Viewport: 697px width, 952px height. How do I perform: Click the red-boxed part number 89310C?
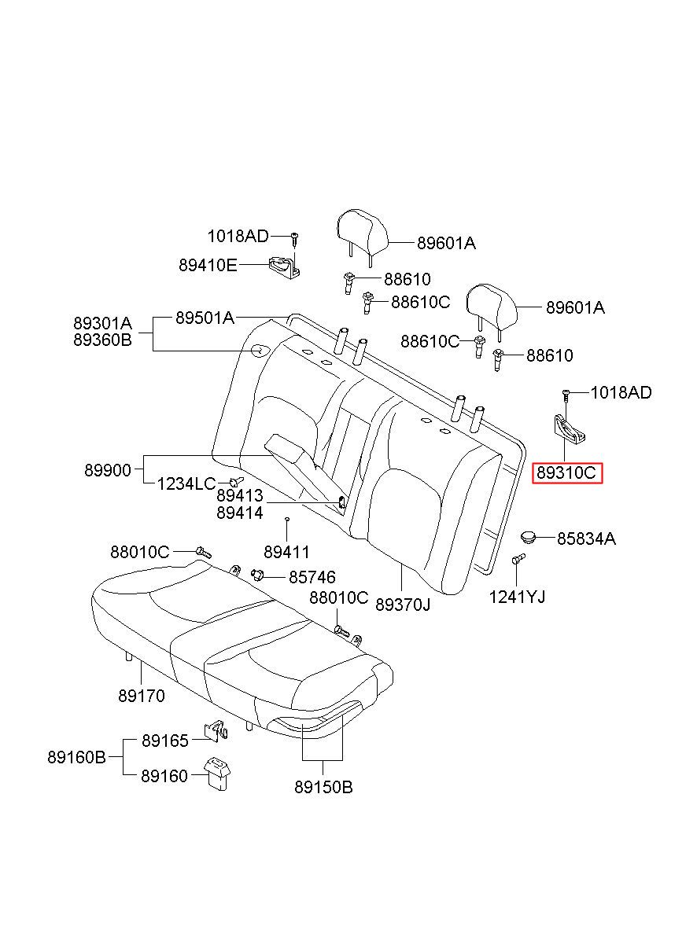click(566, 473)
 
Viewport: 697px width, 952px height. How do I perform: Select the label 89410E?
click(208, 265)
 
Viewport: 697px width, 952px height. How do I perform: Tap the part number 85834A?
click(586, 539)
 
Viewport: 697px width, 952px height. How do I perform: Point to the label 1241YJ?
click(517, 597)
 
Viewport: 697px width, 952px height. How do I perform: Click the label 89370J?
click(403, 605)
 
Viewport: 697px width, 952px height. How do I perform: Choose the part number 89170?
click(141, 697)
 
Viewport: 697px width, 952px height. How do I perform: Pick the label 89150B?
click(323, 788)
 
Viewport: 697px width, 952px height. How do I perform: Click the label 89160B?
click(76, 757)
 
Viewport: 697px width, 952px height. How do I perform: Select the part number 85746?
click(312, 577)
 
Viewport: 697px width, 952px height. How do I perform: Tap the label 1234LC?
click(186, 483)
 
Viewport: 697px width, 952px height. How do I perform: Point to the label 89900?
click(108, 470)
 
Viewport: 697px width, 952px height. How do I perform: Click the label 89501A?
click(205, 318)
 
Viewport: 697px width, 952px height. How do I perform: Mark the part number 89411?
click(286, 553)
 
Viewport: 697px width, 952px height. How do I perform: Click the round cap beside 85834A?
click(528, 537)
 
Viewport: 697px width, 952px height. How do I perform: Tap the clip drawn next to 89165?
click(217, 730)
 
